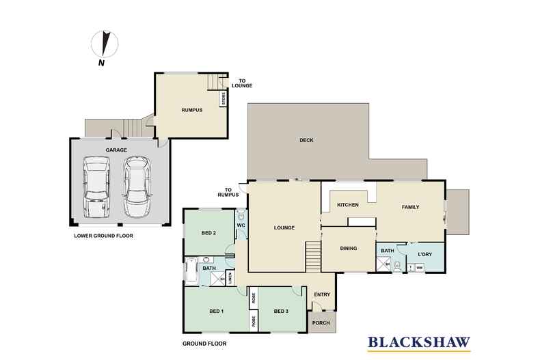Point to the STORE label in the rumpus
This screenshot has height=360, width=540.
222,99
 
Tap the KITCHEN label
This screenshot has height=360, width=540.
348,204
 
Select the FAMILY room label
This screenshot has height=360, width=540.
409,207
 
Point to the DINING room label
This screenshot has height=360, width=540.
349,248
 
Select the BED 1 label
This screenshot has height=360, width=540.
217,311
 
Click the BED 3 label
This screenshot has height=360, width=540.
281,311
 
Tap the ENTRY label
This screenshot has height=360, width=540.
321,294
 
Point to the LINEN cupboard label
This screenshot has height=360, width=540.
230,277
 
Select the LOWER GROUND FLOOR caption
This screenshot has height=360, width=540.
103,236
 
